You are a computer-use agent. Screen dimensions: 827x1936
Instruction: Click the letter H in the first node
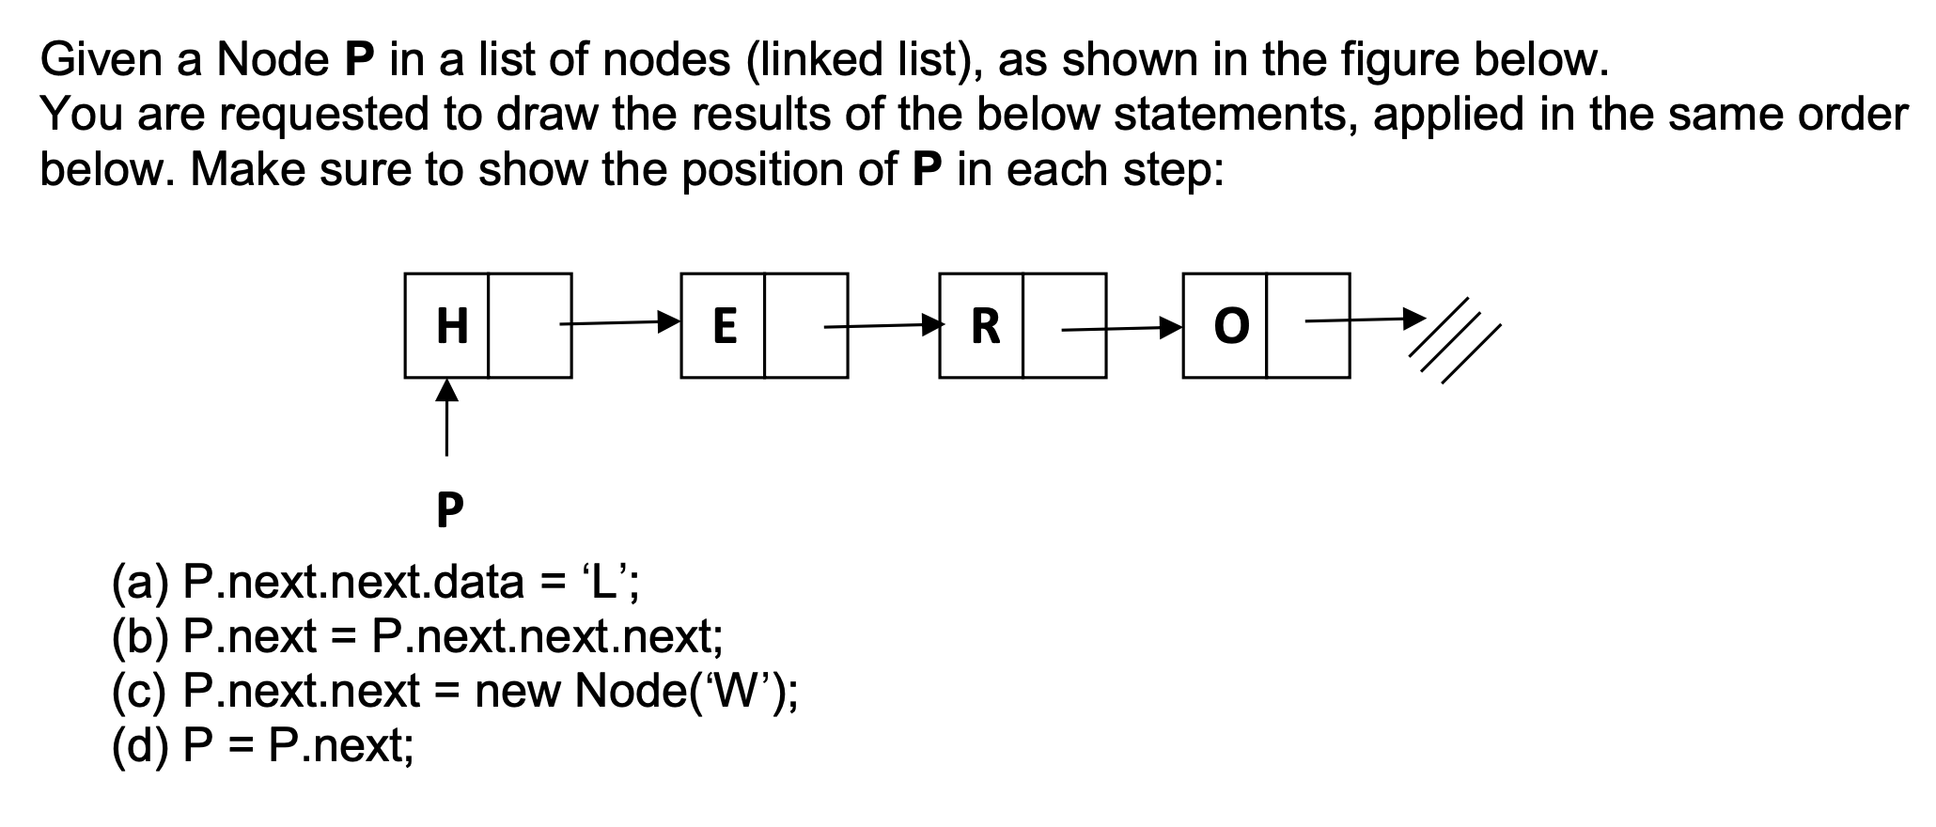pyautogui.click(x=452, y=326)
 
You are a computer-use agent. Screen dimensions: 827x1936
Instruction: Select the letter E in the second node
pyautogui.click(x=724, y=326)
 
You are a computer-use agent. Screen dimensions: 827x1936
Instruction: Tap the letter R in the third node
pyautogui.click(x=984, y=326)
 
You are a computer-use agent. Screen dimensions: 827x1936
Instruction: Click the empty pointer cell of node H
pyautogui.click(x=530, y=326)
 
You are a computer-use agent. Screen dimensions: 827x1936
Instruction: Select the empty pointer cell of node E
pyautogui.click(x=805, y=326)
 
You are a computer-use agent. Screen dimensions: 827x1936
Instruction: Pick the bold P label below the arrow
pyautogui.click(x=450, y=510)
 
